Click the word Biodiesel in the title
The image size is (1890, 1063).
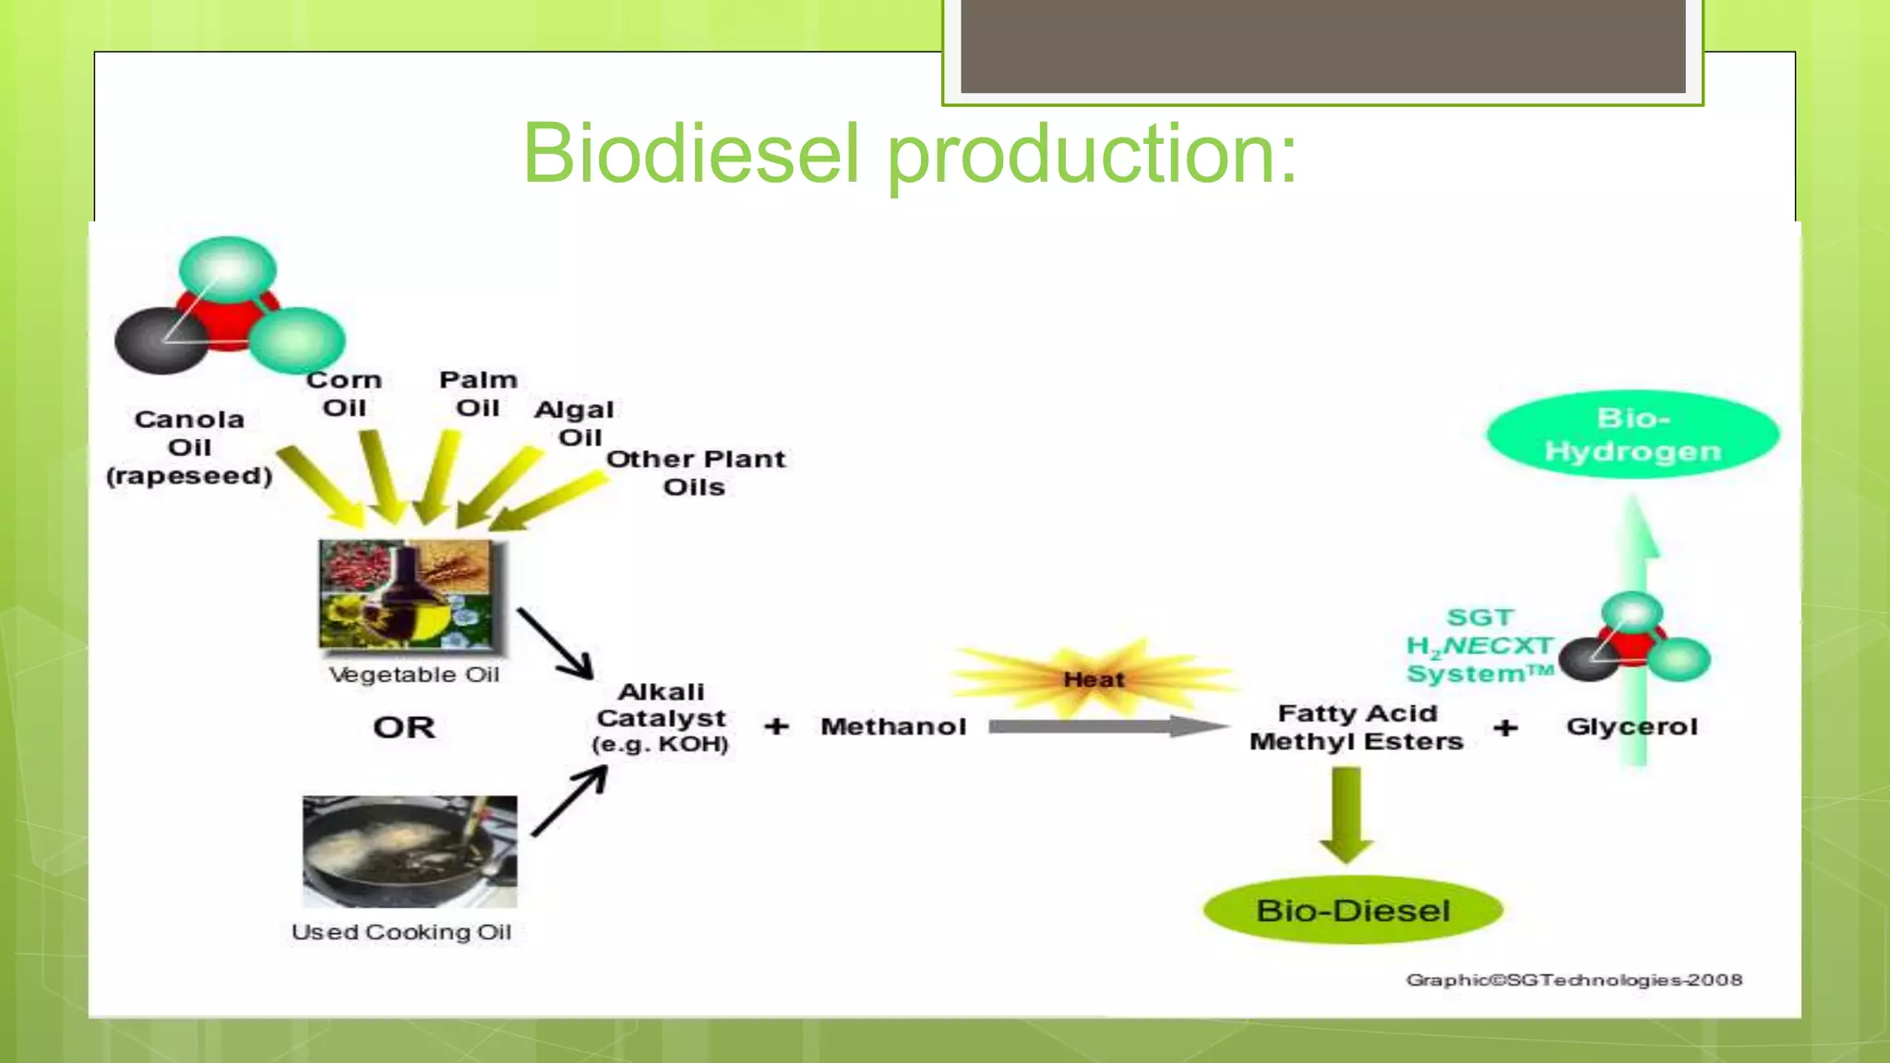pyautogui.click(x=690, y=153)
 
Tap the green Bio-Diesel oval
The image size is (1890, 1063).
pyautogui.click(x=1353, y=910)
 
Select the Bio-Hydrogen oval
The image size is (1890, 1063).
pyautogui.click(x=1633, y=435)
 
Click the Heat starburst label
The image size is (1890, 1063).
pyautogui.click(x=1094, y=680)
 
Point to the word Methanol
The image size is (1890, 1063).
pyautogui.click(x=893, y=727)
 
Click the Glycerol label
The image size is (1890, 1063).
pyautogui.click(x=1632, y=727)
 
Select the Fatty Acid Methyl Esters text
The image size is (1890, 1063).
pyautogui.click(x=1357, y=727)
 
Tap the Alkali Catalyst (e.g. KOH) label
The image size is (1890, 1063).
pyautogui.click(x=661, y=718)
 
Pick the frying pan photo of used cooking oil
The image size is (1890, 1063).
pyautogui.click(x=410, y=851)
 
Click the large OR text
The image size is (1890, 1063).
pyautogui.click(x=404, y=727)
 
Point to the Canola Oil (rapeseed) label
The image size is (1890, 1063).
pyautogui.click(x=189, y=448)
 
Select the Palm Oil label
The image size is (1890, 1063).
pyautogui.click(x=478, y=393)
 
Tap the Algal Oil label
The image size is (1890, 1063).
pyautogui.click(x=575, y=423)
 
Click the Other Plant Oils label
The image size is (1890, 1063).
pyautogui.click(x=696, y=472)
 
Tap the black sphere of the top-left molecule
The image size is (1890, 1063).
pyautogui.click(x=159, y=340)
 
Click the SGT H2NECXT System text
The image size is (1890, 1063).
pyautogui.click(x=1479, y=645)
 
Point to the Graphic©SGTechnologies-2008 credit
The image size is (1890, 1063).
pyautogui.click(x=1573, y=980)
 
